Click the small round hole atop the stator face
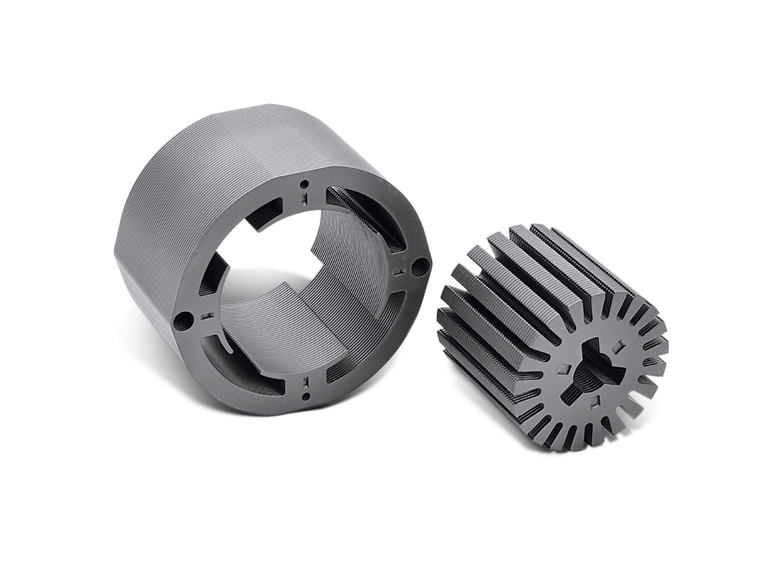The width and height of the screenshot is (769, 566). pyautogui.click(x=304, y=185)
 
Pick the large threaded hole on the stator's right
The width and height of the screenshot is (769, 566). pyautogui.click(x=420, y=266)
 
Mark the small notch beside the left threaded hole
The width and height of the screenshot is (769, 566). pyautogui.click(x=208, y=314)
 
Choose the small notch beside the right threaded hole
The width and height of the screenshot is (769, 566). pyautogui.click(x=400, y=271)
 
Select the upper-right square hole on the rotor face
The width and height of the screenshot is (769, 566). pyautogui.click(x=619, y=347)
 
